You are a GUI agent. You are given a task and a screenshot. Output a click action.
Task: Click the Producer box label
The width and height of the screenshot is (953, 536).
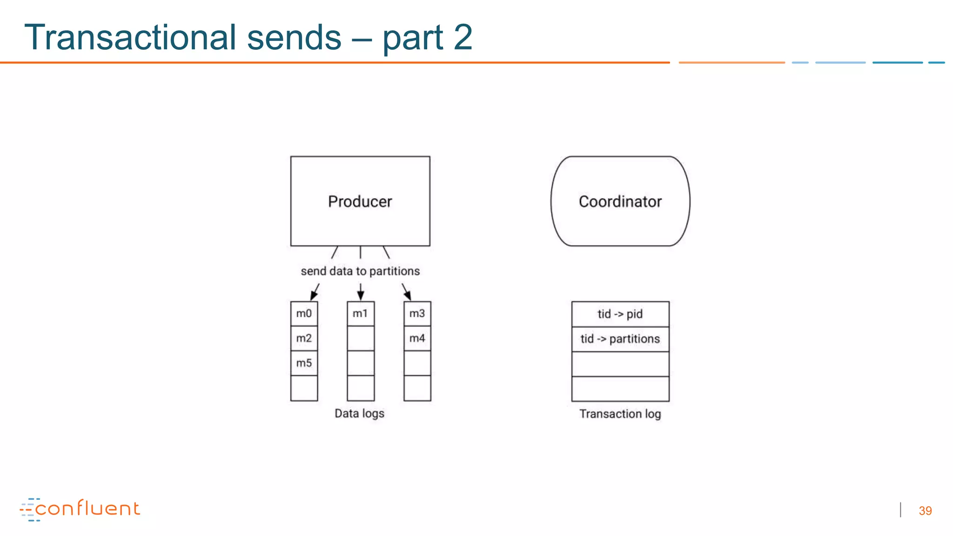[360, 201]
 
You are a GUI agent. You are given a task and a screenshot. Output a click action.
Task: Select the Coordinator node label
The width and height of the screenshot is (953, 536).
[620, 201]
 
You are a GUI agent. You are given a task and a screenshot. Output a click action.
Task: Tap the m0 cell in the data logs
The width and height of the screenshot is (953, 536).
[304, 314]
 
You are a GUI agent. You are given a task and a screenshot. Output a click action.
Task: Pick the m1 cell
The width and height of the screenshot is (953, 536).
[360, 314]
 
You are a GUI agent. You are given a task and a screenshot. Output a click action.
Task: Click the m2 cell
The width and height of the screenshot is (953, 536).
[304, 338]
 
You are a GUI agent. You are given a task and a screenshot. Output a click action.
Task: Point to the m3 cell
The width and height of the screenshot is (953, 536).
[417, 314]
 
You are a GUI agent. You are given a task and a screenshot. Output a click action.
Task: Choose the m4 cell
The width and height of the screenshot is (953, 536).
[417, 338]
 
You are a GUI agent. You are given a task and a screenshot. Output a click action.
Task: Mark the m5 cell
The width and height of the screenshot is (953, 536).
[304, 363]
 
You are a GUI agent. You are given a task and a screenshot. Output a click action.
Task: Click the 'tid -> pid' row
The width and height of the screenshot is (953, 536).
[620, 314]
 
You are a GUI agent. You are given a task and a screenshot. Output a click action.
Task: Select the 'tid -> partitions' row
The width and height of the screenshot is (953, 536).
[620, 339]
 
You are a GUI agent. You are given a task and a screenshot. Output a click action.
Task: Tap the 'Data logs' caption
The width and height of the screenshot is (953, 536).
[359, 413]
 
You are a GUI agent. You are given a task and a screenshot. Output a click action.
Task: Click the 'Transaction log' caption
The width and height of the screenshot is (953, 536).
[620, 414]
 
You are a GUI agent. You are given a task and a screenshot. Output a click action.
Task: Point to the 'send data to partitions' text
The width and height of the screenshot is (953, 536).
[360, 271]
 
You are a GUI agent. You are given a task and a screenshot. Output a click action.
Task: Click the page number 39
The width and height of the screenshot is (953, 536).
[925, 511]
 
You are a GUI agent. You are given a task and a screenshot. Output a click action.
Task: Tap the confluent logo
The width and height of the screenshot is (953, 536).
[80, 509]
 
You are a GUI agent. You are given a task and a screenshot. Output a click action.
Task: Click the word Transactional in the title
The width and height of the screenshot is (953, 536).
[130, 37]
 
